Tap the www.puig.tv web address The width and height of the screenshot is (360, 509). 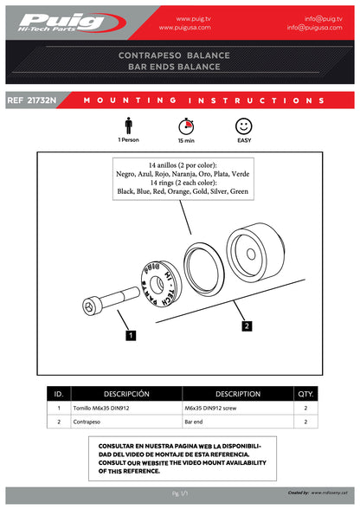pyautogui.click(x=196, y=17)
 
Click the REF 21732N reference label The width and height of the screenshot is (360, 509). pyautogui.click(x=31, y=100)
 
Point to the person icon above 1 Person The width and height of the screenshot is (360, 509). pyautogui.click(x=129, y=125)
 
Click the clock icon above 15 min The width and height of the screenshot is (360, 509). pyautogui.click(x=185, y=125)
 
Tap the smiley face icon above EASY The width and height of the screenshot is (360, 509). pyautogui.click(x=243, y=125)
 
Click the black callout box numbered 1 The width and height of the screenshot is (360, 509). pyautogui.click(x=129, y=333)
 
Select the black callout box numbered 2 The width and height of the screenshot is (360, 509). pyautogui.click(x=247, y=326)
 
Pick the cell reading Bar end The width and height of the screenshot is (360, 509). pyautogui.click(x=195, y=422)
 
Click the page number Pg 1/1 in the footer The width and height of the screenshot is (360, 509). pyautogui.click(x=180, y=493)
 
